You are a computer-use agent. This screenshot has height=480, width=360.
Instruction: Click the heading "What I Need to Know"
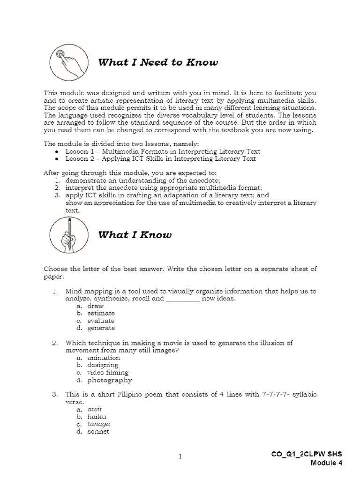tap(158, 63)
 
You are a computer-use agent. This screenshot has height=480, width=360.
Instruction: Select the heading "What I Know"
tap(135, 235)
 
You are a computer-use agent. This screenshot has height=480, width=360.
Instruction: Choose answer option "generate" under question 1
tap(101, 328)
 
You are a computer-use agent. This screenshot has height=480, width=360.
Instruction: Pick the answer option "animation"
tap(104, 358)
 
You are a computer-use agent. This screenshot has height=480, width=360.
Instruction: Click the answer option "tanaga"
tap(98, 424)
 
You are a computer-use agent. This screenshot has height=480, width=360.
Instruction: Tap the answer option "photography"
tap(109, 380)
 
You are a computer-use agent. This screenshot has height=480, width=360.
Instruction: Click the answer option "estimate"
tap(101, 313)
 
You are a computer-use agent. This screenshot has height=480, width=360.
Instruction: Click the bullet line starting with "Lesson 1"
tap(163, 151)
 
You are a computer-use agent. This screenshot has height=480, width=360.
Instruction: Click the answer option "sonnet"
tap(98, 431)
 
